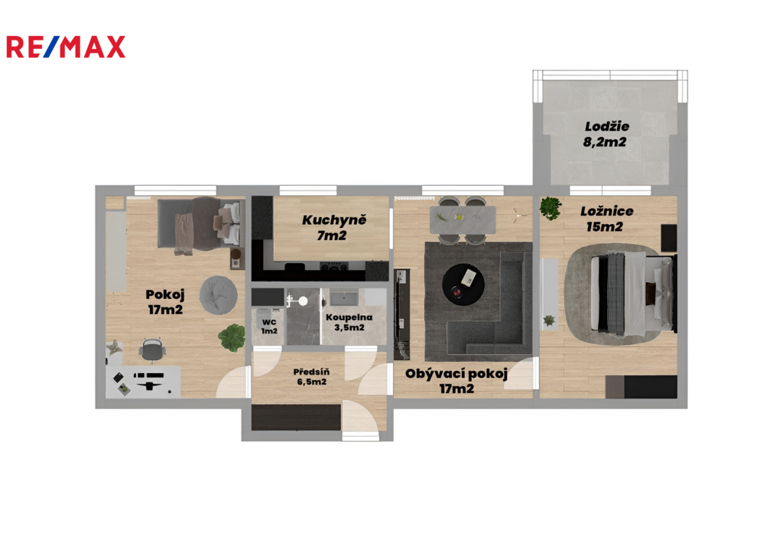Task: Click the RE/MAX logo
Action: pyautogui.click(x=66, y=47)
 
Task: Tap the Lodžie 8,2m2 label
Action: pyautogui.click(x=606, y=134)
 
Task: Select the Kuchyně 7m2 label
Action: pyautogui.click(x=333, y=227)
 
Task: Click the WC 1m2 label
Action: pyautogui.click(x=269, y=326)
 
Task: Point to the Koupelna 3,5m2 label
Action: pyautogui.click(x=349, y=323)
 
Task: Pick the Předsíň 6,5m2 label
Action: pyautogui.click(x=312, y=377)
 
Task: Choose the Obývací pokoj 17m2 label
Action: pyautogui.click(x=456, y=381)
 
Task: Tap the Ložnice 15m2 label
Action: pyautogui.click(x=606, y=219)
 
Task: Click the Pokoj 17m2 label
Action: pyautogui.click(x=165, y=302)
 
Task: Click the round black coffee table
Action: pyautogui.click(x=463, y=284)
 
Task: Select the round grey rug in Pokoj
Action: pyautogui.click(x=218, y=295)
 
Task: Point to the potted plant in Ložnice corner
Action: pyautogui.click(x=551, y=208)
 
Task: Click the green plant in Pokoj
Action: pyautogui.click(x=232, y=337)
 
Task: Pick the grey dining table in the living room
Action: pyautogui.click(x=463, y=219)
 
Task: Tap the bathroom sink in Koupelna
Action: pyautogui.click(x=343, y=298)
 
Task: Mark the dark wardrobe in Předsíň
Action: pyautogui.click(x=296, y=417)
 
